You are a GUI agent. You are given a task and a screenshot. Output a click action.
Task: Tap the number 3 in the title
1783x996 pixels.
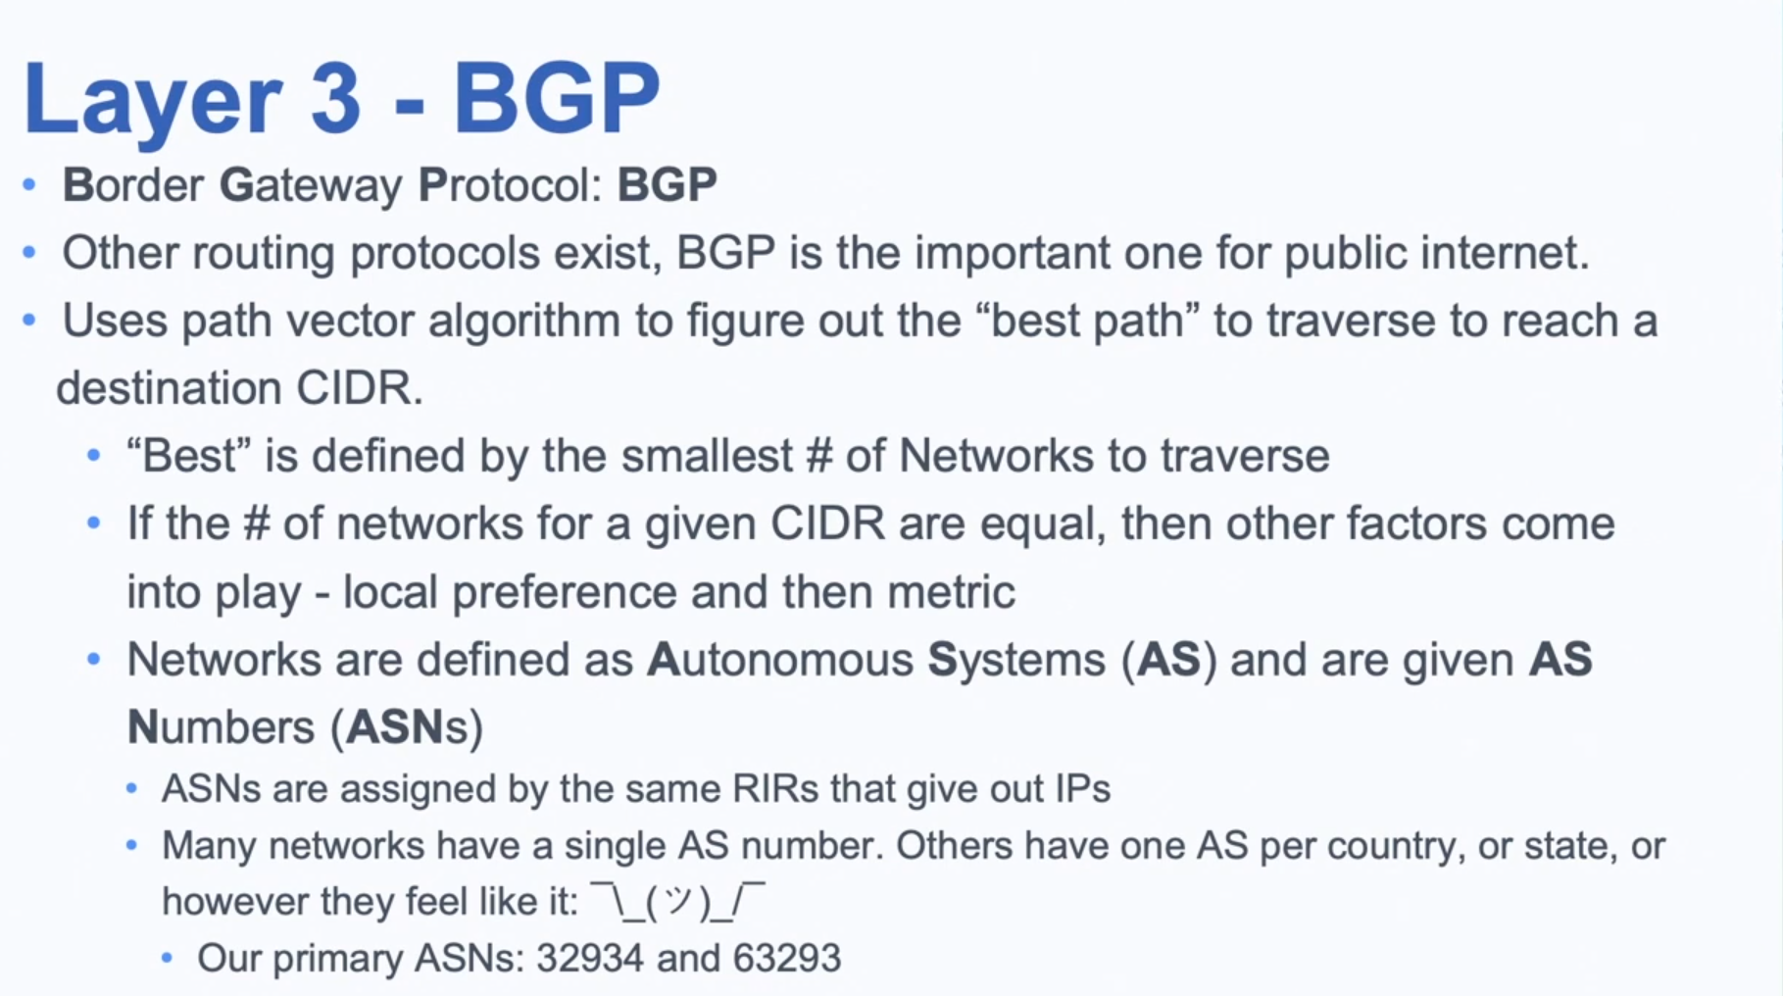(x=336, y=98)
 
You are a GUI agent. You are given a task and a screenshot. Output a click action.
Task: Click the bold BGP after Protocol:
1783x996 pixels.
(x=667, y=184)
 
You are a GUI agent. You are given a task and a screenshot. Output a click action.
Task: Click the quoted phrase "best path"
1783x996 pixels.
(x=1089, y=322)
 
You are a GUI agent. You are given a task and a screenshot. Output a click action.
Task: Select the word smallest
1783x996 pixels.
(x=708, y=456)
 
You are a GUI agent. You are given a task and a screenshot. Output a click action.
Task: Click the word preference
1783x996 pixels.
(x=565, y=593)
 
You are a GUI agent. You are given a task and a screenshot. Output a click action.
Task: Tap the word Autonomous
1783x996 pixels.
(x=780, y=660)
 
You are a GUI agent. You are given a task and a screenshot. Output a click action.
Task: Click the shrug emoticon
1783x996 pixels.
(x=677, y=901)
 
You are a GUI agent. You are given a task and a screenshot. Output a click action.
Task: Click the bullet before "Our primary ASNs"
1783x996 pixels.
(x=167, y=958)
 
